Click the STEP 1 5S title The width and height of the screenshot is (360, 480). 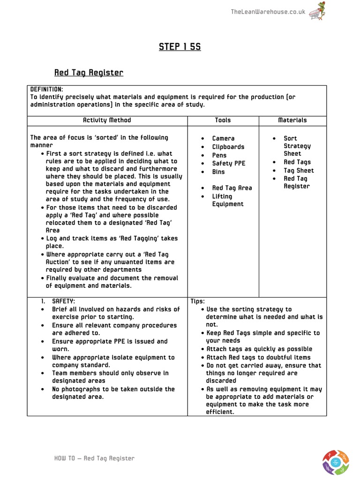click(180, 47)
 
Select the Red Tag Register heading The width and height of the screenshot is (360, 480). click(89, 73)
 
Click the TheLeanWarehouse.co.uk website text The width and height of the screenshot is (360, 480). click(268, 12)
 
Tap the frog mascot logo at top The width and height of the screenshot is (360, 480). click(320, 10)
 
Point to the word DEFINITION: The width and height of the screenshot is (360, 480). click(47, 89)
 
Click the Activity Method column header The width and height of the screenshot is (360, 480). click(107, 120)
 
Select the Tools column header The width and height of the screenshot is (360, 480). click(223, 120)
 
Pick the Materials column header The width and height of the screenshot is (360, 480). click(292, 120)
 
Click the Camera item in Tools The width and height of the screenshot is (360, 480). click(223, 138)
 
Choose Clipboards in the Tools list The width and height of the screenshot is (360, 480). click(228, 147)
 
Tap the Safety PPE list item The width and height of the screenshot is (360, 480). click(228, 164)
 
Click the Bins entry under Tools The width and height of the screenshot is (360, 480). click(218, 172)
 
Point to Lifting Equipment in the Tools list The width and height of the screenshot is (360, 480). click(227, 200)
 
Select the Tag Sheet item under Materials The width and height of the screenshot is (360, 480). click(299, 171)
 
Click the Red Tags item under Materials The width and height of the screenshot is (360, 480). click(297, 162)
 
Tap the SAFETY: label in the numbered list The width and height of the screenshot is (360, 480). click(63, 301)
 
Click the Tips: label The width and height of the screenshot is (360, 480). click(198, 301)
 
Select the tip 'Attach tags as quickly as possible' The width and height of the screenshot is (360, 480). click(259, 349)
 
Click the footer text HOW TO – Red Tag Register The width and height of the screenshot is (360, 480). click(94, 458)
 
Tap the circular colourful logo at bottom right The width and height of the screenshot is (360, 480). click(335, 462)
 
